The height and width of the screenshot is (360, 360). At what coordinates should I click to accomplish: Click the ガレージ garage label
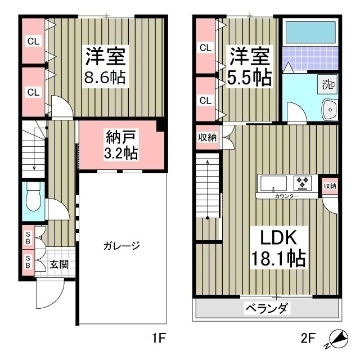pos(120,246)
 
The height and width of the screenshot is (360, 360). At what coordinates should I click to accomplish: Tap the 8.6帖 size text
pos(105,78)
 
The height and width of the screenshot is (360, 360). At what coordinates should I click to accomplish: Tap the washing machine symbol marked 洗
pos(327,85)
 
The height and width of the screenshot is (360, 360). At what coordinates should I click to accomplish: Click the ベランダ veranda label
pos(267,308)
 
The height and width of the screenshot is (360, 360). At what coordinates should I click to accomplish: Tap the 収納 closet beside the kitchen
pos(329,186)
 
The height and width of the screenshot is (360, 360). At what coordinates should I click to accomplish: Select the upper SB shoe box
pos(27,236)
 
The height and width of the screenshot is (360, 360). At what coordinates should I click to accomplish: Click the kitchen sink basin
pos(272,182)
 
